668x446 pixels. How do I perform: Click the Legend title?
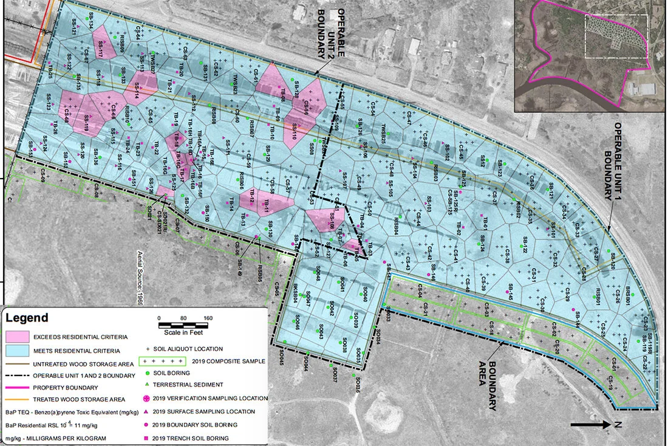27,318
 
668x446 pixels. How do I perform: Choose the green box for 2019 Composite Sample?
168,361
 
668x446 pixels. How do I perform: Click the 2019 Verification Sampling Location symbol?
149,399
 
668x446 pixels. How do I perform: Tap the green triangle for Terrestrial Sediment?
149,385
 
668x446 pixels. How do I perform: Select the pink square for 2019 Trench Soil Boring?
149,438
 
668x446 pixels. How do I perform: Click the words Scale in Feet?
183,332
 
